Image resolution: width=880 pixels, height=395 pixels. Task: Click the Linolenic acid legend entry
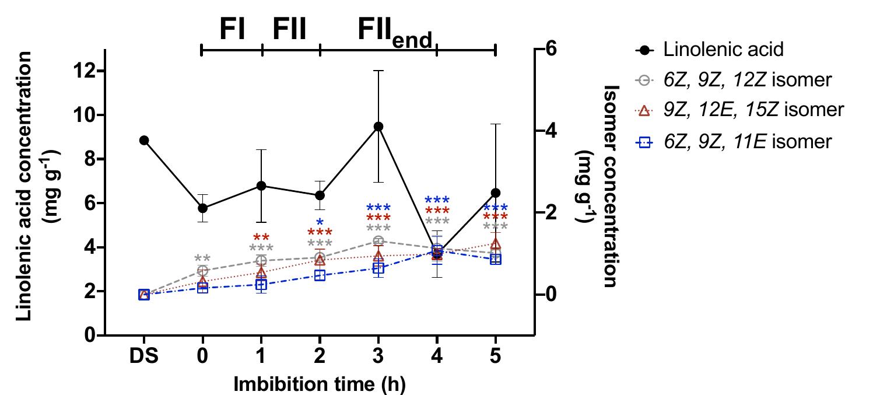723,49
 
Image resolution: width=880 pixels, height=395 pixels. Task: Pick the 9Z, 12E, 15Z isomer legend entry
753,110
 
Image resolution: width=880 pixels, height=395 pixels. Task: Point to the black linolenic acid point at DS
144,140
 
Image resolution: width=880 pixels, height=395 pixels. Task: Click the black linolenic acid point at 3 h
378,127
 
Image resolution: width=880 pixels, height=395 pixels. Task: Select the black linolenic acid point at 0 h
202,208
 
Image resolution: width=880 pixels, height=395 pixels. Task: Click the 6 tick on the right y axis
551,49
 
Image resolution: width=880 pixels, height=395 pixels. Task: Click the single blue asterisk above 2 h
320,222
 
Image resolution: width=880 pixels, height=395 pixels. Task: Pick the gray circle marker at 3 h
378,241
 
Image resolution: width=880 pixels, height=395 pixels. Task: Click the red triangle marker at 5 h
495,244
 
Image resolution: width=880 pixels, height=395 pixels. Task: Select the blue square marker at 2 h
320,275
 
